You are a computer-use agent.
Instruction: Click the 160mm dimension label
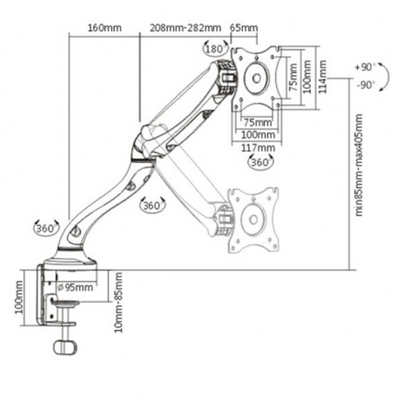tap(104, 27)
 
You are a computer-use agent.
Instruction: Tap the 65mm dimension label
tap(244, 27)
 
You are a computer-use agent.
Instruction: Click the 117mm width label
tap(257, 148)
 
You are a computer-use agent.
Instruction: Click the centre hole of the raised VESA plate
tap(257, 78)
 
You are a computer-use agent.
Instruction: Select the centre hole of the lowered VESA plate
tap(253, 219)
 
